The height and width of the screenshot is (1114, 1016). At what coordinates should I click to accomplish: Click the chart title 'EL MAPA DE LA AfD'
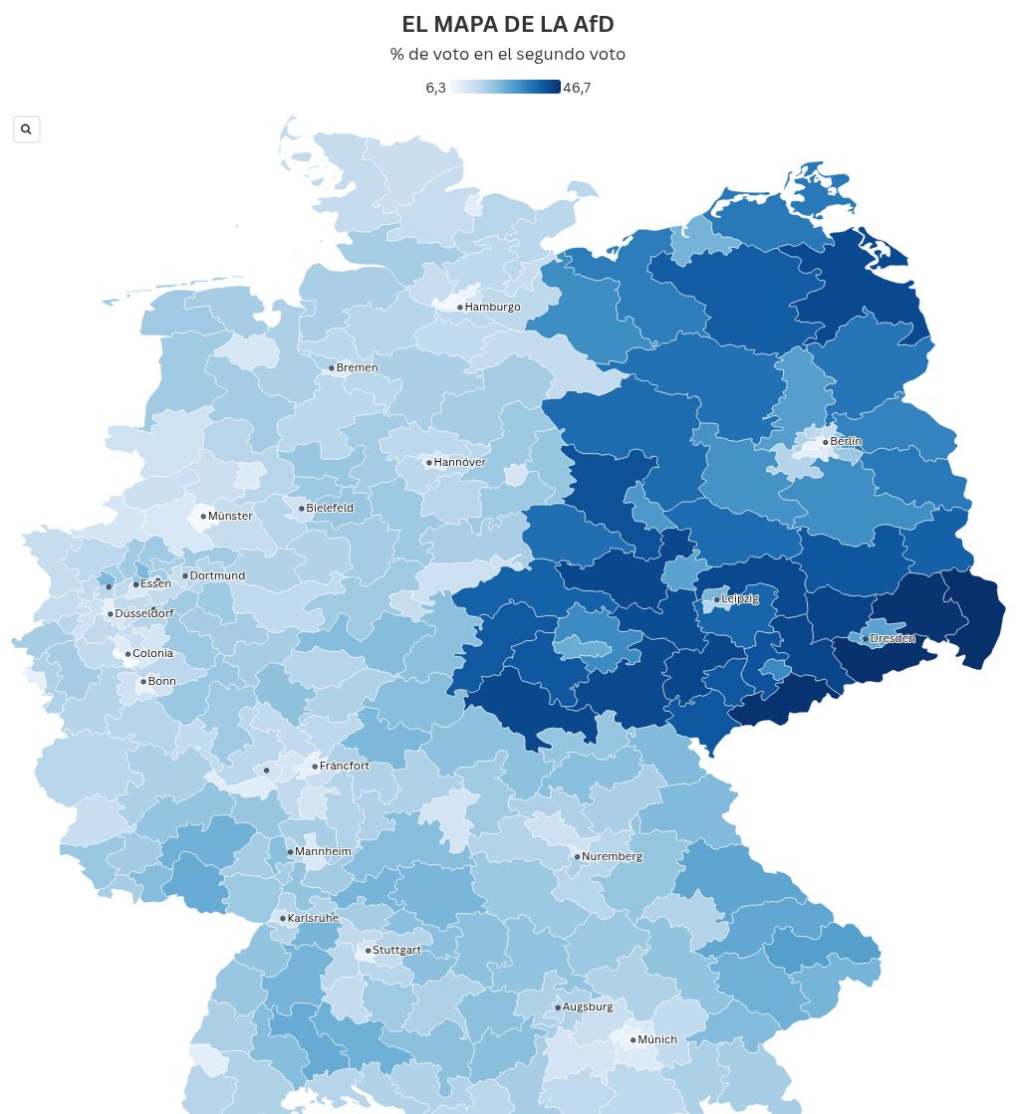(507, 25)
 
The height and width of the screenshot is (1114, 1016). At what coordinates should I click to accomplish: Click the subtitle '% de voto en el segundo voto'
(507, 55)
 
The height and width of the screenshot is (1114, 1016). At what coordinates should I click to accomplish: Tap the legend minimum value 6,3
(435, 88)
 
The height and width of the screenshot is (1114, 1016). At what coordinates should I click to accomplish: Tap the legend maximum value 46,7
(577, 88)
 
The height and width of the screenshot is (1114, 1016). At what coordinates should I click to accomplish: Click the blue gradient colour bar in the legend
(504, 88)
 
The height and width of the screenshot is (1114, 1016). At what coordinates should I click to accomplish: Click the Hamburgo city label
(492, 307)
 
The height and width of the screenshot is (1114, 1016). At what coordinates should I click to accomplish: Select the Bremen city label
(357, 367)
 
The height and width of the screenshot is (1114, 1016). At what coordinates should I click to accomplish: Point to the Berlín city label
(846, 441)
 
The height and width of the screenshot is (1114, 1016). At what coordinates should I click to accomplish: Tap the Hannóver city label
(459, 462)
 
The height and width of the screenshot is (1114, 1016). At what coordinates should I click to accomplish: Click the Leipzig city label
(739, 598)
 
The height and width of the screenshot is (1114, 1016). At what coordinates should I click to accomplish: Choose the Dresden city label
(891, 638)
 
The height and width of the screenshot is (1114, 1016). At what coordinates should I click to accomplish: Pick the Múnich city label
(656, 1039)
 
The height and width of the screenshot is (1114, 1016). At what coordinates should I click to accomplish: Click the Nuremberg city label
(612, 856)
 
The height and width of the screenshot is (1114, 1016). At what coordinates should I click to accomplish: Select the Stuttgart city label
(396, 950)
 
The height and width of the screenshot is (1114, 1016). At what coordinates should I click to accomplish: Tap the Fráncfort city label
(344, 766)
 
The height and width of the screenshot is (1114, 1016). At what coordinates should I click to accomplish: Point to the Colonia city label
(152, 653)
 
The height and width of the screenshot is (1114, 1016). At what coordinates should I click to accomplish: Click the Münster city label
(229, 516)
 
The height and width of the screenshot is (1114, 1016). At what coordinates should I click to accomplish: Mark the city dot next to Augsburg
(558, 1007)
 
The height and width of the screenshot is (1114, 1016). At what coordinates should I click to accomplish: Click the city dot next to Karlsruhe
(283, 919)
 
